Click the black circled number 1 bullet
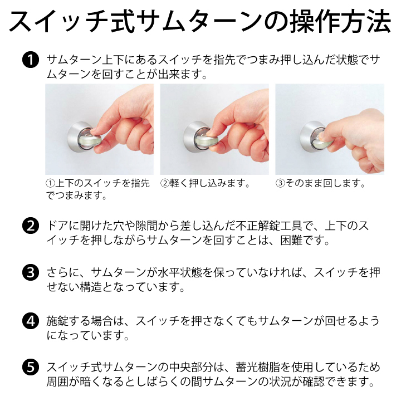[x=31, y=60]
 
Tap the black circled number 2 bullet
[x=31, y=226]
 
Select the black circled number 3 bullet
[x=31, y=272]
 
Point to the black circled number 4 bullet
[x=31, y=321]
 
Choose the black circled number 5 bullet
[x=31, y=367]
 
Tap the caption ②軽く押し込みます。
[x=205, y=183]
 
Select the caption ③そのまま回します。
[x=320, y=183]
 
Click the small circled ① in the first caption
[x=50, y=183]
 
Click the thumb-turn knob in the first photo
[x=90, y=141]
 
